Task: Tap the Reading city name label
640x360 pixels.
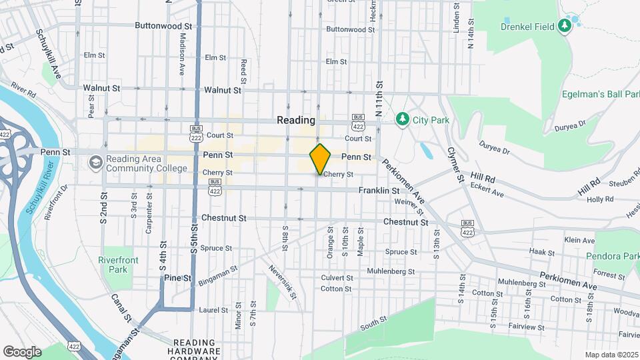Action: coord(296,121)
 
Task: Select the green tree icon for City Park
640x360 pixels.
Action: coord(401,120)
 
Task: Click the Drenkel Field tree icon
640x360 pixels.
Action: coord(565,26)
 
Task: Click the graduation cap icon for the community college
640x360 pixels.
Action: coord(96,163)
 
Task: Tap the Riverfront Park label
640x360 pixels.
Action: coord(113,265)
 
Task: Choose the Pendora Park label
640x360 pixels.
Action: coord(613,256)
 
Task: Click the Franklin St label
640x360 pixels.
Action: coord(379,191)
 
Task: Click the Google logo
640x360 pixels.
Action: coord(22,351)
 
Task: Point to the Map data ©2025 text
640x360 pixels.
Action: coord(611,355)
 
